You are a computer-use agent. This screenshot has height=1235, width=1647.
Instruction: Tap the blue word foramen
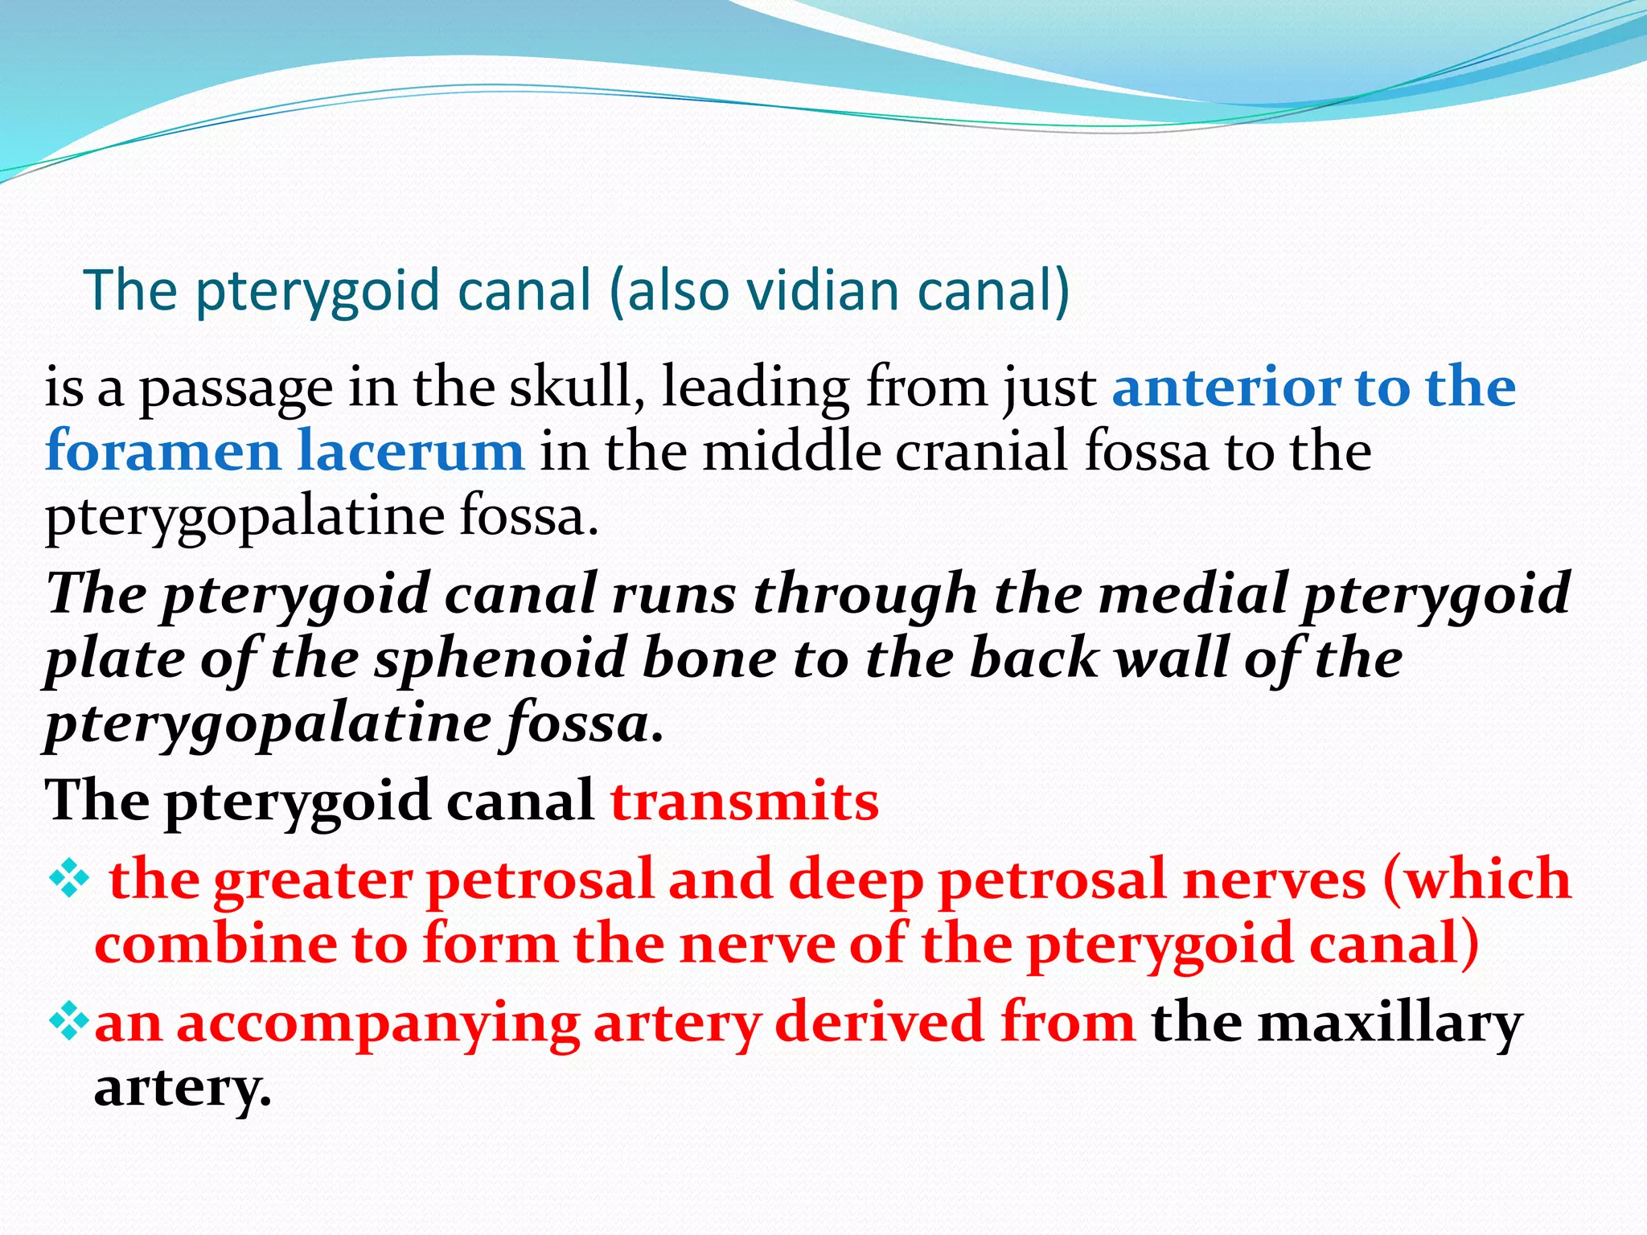[x=162, y=451]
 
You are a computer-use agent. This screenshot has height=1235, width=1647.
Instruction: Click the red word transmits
[x=745, y=802]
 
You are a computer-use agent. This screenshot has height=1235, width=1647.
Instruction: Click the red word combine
[x=216, y=944]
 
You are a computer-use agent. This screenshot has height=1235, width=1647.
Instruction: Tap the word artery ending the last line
[x=183, y=1089]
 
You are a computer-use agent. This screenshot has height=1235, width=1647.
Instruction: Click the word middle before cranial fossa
[x=791, y=451]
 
